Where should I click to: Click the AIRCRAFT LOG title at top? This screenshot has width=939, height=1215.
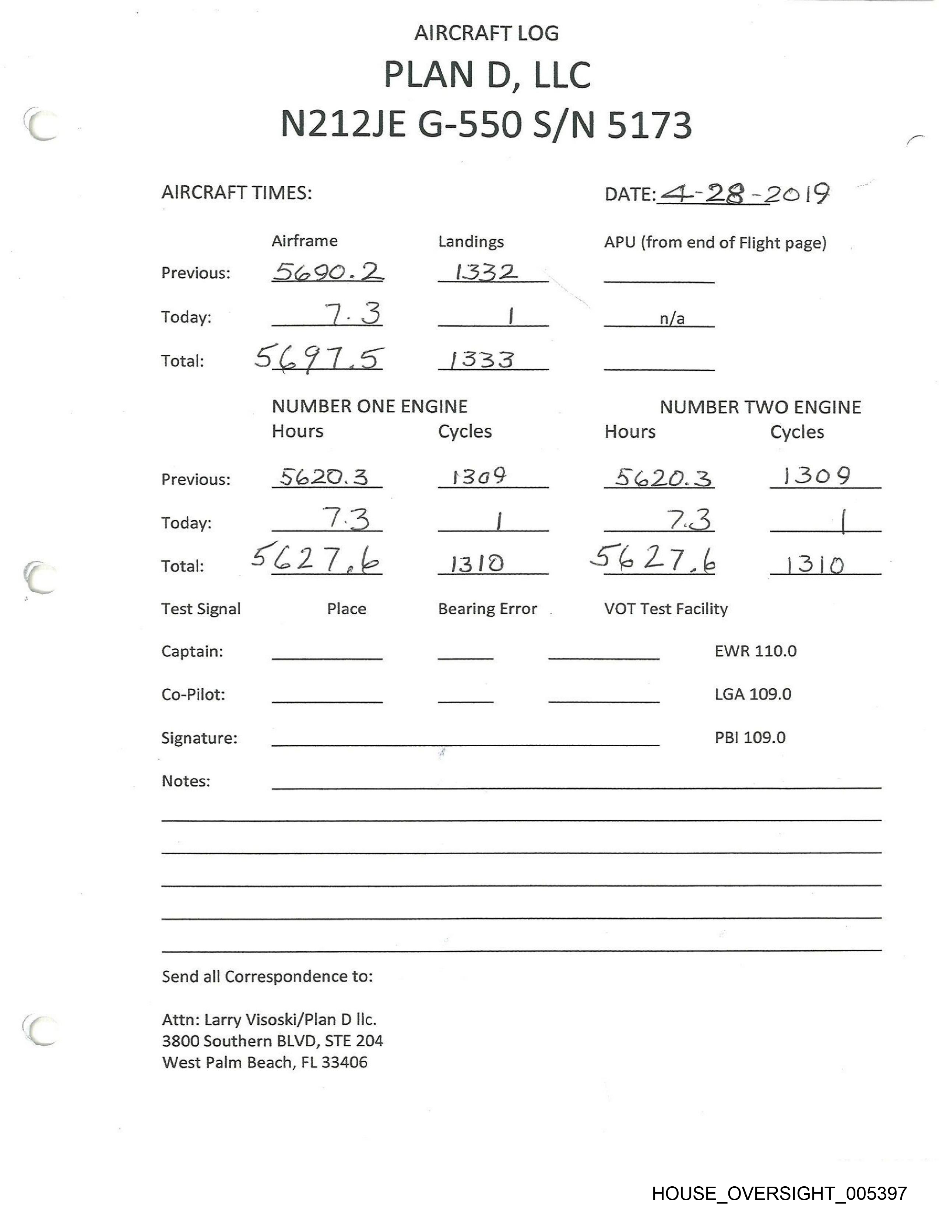[x=486, y=34]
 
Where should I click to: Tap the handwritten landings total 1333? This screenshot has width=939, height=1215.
[x=482, y=360]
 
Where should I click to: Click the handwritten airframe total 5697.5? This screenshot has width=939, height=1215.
[x=319, y=358]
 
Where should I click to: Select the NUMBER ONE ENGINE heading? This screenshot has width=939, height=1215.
[x=369, y=407]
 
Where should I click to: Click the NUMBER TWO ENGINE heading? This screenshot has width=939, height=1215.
[x=760, y=407]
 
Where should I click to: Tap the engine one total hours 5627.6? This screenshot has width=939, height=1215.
[x=316, y=559]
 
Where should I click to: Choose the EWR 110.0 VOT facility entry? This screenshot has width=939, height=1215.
[x=755, y=651]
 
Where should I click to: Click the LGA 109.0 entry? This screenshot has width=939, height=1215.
[x=753, y=694]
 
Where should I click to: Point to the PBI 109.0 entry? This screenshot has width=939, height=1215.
[x=750, y=738]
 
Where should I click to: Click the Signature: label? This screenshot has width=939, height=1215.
[x=199, y=738]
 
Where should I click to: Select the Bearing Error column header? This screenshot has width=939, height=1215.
[x=487, y=609]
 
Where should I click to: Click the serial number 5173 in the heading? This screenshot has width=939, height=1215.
[x=649, y=124]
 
